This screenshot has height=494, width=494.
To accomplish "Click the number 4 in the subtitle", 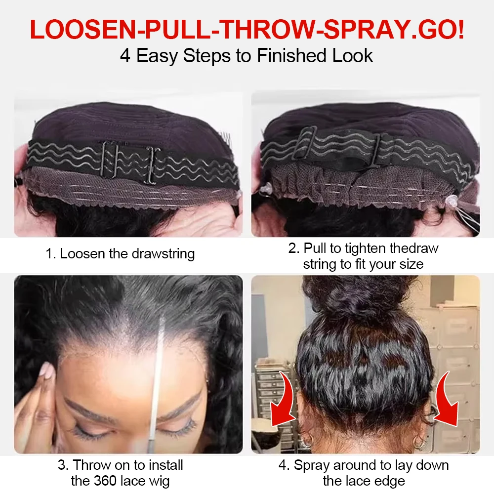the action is (x=125, y=56).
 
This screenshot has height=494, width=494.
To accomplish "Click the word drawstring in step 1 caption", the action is (x=163, y=254).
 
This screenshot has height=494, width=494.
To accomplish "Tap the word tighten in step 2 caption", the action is (x=366, y=248).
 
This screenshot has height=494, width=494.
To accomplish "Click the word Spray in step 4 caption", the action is (x=312, y=466).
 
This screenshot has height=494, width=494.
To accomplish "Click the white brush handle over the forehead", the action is (x=157, y=378).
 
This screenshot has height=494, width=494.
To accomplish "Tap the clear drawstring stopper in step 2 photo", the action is (x=451, y=200).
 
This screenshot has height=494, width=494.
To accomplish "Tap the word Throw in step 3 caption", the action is (x=91, y=465).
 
